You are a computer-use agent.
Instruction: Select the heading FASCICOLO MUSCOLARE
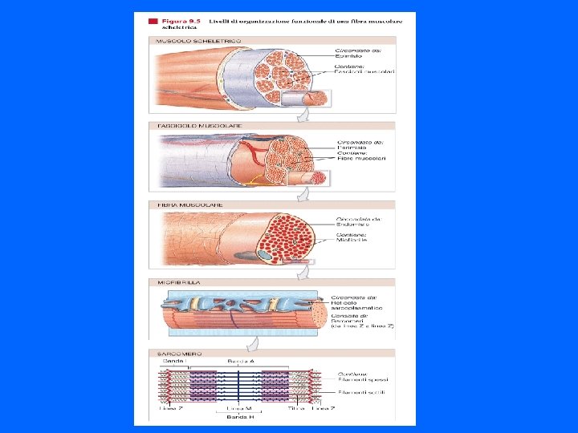187,126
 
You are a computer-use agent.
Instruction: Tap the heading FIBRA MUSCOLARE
179,205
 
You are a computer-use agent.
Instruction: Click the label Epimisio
348,57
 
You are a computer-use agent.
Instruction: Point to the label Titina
298,408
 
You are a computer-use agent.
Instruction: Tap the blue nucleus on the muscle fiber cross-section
265,255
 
